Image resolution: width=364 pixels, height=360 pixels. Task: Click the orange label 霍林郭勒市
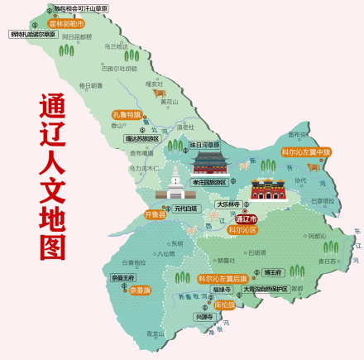click(67, 24)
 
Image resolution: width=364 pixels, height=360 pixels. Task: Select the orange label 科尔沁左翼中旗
click(306, 152)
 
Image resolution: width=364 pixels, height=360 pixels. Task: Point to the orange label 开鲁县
click(155, 214)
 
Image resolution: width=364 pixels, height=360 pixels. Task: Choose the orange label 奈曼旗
click(138, 290)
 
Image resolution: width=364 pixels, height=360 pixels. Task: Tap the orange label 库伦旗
click(224, 305)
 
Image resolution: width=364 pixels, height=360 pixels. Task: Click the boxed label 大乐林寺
click(227, 204)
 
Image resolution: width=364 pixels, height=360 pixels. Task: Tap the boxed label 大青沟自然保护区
click(265, 290)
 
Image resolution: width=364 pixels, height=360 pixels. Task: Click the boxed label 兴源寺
click(204, 317)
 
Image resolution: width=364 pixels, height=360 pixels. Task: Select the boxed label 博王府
click(274, 271)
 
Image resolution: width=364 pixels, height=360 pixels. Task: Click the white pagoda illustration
click(175, 184)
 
